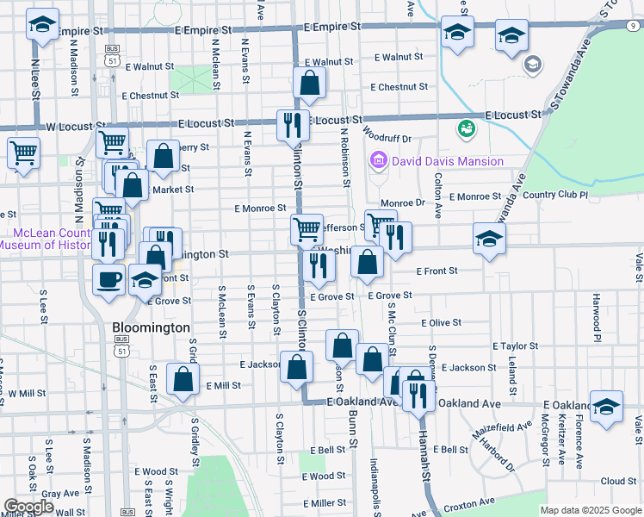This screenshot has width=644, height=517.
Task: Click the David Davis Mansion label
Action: click(x=447, y=161)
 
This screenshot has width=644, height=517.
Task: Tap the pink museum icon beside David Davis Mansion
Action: click(x=377, y=160)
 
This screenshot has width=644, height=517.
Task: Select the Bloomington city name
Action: click(x=152, y=328)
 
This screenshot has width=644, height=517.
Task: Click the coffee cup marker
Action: click(x=108, y=279)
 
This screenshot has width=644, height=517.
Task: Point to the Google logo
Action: click(x=28, y=507)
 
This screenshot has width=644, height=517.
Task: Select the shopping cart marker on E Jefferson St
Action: click(x=307, y=229)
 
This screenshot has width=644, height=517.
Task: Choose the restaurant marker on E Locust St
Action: click(x=293, y=124)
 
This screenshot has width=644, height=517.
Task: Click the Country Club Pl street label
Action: click(x=554, y=196)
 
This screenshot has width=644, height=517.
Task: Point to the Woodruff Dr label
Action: click(x=387, y=138)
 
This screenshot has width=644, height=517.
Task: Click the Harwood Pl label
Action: click(x=595, y=316)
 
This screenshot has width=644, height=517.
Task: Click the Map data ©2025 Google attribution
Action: click(x=590, y=509)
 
